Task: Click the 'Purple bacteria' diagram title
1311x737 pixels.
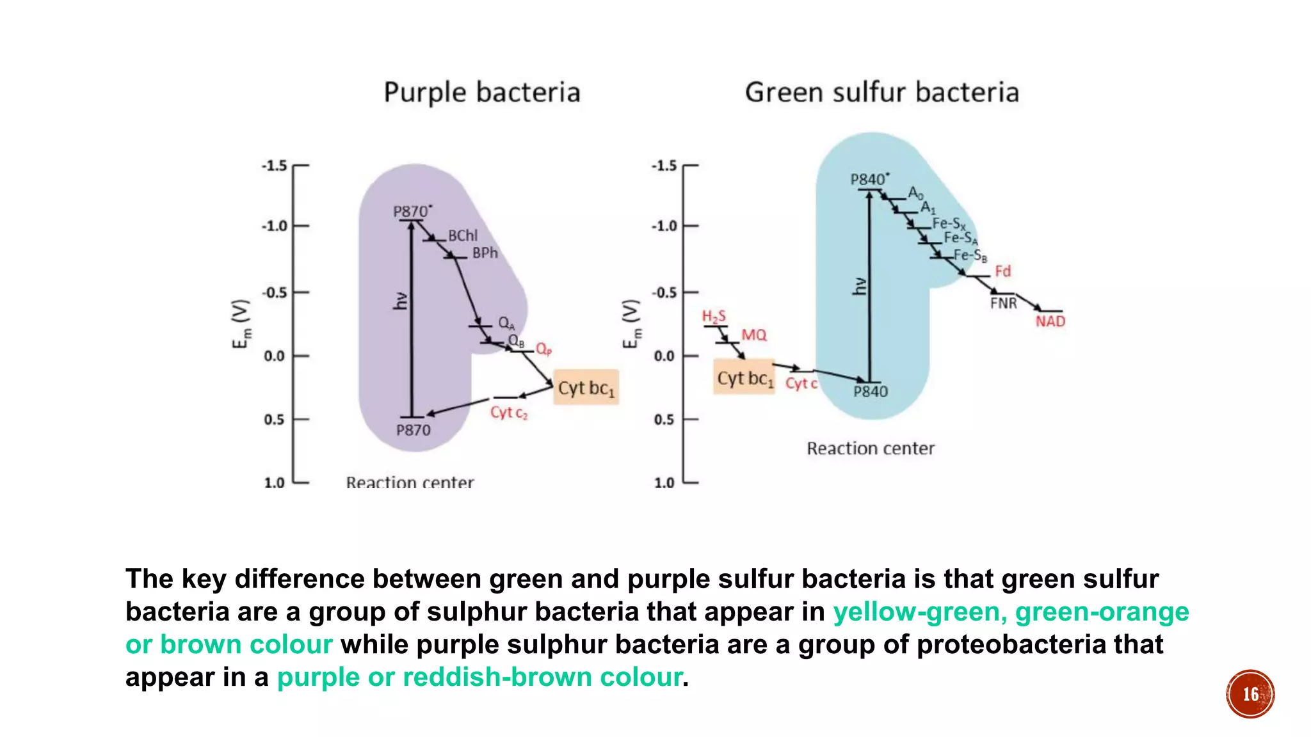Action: (481, 93)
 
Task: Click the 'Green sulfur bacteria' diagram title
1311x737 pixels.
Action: (881, 93)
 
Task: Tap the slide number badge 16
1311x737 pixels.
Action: (1250, 694)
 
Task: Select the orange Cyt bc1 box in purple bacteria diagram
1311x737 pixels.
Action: (586, 388)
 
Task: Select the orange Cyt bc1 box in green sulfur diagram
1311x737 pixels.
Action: (744, 378)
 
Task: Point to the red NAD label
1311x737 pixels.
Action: (1050, 321)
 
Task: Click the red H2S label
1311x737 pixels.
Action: (714, 316)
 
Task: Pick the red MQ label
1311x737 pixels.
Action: (753, 335)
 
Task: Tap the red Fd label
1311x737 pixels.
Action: (1002, 271)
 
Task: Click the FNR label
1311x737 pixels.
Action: (1003, 303)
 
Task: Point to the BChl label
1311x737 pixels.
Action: (462, 236)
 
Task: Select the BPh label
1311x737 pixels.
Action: (485, 253)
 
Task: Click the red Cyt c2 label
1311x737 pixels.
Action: (509, 413)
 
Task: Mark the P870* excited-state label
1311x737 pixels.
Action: (412, 211)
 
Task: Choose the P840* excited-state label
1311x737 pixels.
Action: (869, 179)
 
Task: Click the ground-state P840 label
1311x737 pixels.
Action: (871, 392)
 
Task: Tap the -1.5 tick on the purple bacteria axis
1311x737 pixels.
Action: (275, 166)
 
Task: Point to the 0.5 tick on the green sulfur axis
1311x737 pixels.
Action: (664, 420)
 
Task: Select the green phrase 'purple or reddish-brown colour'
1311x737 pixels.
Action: (479, 677)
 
